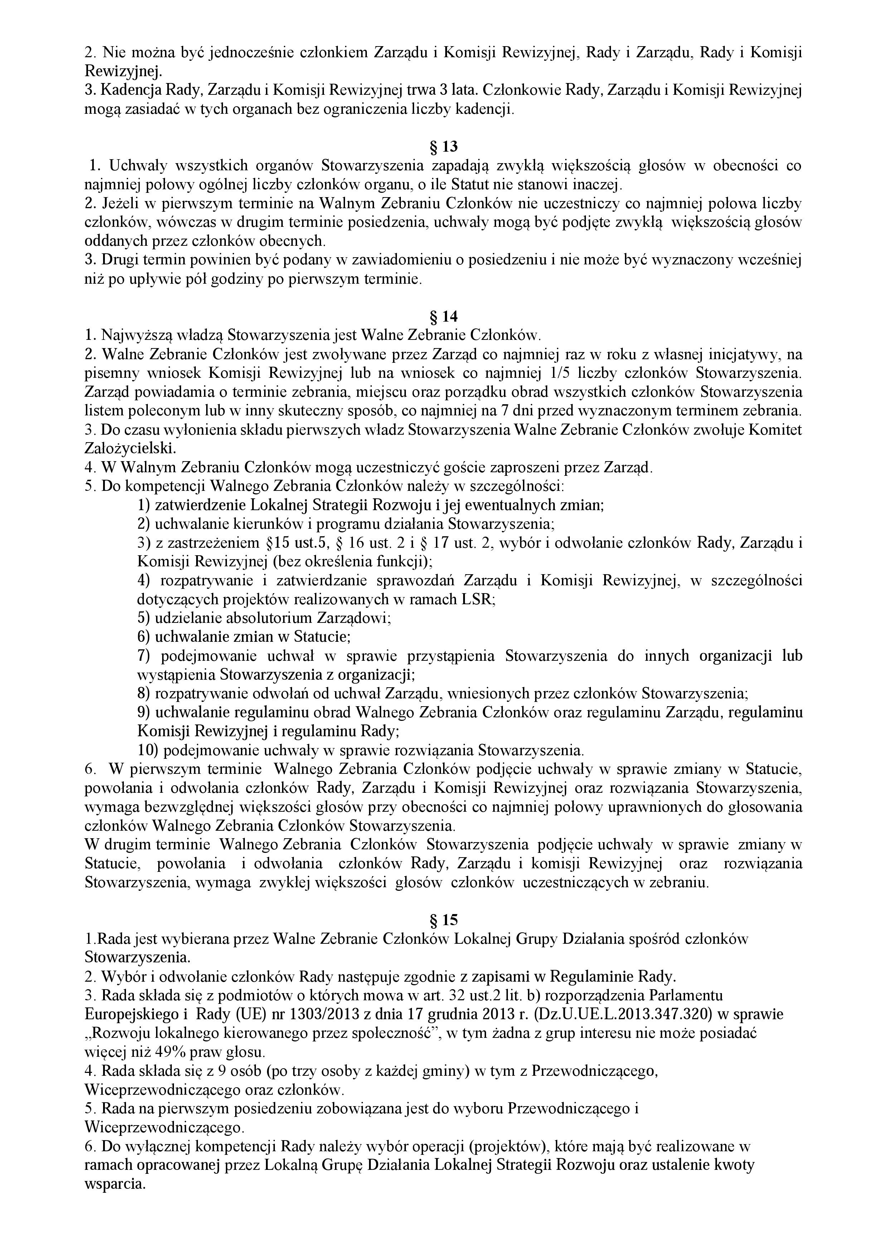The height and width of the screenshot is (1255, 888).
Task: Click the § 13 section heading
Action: tap(443, 146)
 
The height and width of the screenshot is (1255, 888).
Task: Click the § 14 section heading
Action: tap(443, 317)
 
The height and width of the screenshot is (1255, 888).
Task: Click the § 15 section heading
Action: tap(443, 920)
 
